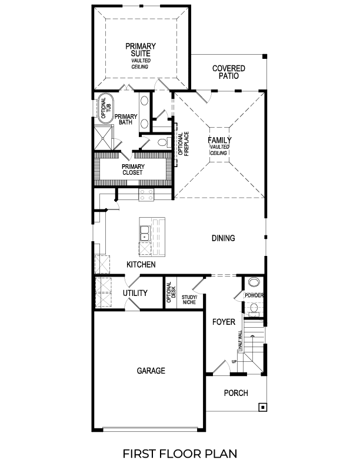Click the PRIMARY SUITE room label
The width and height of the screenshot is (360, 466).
pos(140,51)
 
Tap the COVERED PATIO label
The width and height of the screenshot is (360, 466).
pos(229,72)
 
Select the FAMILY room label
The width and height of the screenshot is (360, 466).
pos(219,141)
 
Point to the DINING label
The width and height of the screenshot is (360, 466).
pos(224,238)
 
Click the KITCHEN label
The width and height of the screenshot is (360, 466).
pos(141,265)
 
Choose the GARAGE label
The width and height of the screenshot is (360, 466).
pos(151,371)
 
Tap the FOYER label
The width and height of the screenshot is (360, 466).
pos(224,322)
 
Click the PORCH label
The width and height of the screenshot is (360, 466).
pos(236,393)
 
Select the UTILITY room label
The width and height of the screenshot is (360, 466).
pos(135,293)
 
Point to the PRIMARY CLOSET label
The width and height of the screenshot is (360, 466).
pos(134,169)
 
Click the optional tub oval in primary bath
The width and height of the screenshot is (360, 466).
pos(105,108)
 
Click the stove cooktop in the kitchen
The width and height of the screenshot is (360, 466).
pos(146,195)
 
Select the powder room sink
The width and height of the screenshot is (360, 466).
pos(254,282)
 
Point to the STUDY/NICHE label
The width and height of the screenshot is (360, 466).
pos(189,301)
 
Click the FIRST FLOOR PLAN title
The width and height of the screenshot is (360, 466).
pos(179,453)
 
